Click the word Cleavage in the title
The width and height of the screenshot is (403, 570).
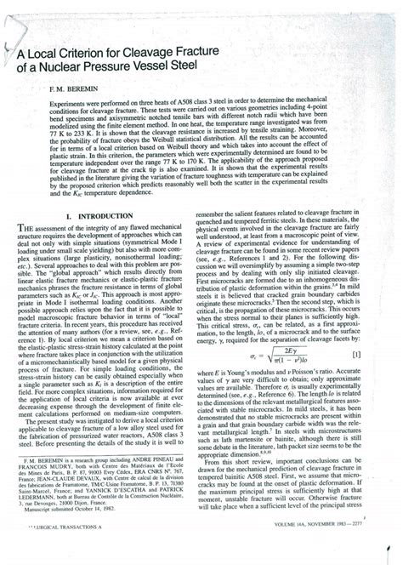click(x=167, y=54)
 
